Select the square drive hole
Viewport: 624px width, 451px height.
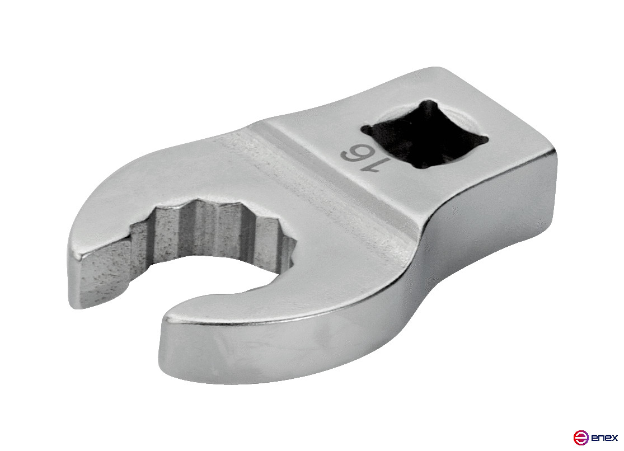(x=425, y=134)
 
